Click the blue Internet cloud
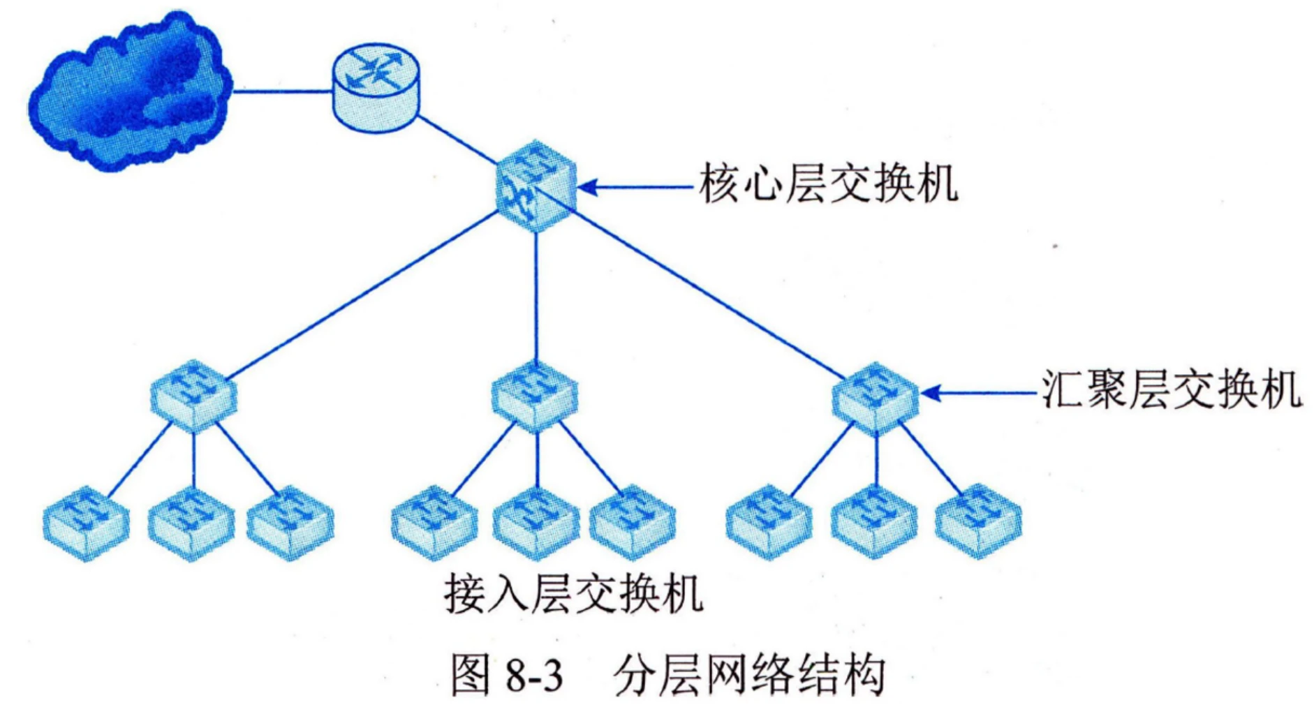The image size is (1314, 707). (129, 94)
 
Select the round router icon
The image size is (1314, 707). (376, 87)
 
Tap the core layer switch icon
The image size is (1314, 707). (536, 186)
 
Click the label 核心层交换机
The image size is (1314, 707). (828, 184)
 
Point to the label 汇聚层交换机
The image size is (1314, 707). (1171, 389)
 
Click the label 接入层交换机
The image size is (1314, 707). (573, 594)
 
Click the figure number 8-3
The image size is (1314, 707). (533, 676)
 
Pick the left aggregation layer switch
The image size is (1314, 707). (193, 395)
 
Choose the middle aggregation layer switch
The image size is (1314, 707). (535, 395)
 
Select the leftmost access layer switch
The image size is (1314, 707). (86, 523)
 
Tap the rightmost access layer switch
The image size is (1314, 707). (978, 521)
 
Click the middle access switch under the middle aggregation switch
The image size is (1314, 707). (536, 523)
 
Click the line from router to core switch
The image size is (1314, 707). (457, 139)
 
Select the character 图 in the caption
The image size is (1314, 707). (470, 675)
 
